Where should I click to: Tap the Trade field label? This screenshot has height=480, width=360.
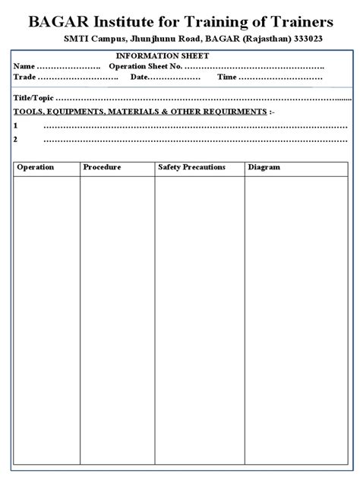click(24, 77)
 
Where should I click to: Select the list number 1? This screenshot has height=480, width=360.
click(16, 125)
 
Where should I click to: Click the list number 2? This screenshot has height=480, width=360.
click(16, 139)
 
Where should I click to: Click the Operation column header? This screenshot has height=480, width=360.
click(35, 167)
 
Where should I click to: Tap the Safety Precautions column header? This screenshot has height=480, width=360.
click(191, 167)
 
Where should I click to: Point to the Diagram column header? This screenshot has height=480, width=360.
click(264, 167)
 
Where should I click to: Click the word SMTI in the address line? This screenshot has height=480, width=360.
click(73, 39)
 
